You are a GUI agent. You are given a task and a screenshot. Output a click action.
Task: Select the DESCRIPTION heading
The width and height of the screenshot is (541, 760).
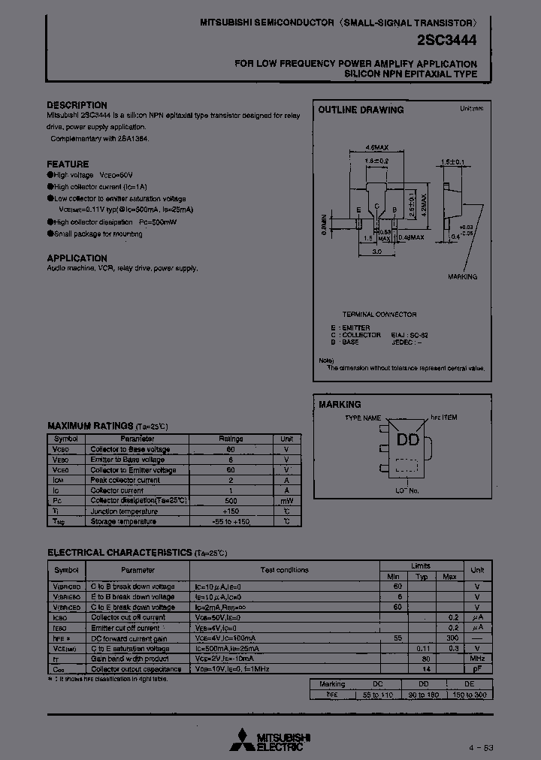point(77,105)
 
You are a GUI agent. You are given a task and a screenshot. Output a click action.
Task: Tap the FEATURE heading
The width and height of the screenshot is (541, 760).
point(68,164)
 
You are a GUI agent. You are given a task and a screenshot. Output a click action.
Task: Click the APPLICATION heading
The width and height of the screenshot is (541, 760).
point(77,258)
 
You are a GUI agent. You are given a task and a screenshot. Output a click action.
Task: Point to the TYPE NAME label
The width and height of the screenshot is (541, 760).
point(364,418)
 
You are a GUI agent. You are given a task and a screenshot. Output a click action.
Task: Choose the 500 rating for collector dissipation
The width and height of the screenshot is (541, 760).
point(231,500)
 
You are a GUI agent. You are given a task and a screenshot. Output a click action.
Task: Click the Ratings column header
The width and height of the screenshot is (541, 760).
point(231,439)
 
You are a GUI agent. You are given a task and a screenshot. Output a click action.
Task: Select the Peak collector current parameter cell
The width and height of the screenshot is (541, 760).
point(125,480)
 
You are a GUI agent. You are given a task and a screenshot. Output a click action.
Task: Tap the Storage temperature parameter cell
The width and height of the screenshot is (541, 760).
point(123,521)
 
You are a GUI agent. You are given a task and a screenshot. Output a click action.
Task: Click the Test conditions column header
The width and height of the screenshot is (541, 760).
point(284,570)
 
